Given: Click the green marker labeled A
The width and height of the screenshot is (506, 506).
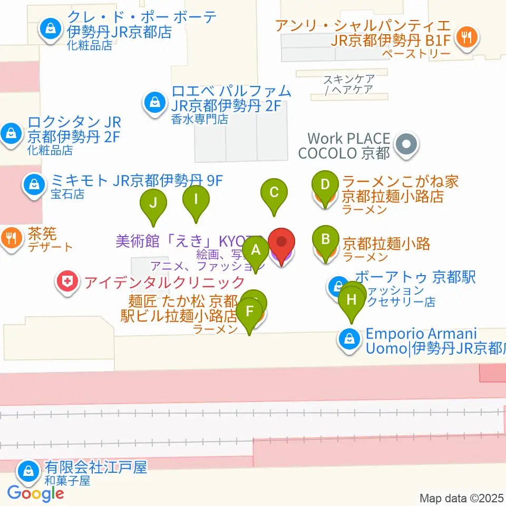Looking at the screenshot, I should [x=256, y=250].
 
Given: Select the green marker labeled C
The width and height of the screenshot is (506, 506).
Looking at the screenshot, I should [x=274, y=192].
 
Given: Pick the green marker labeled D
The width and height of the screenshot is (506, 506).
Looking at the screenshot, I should [x=325, y=185].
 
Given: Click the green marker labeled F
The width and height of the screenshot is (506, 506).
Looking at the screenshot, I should [x=250, y=310].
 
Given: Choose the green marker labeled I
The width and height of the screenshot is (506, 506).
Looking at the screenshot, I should [x=196, y=199].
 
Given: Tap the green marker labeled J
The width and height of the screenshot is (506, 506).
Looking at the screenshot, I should [x=153, y=203].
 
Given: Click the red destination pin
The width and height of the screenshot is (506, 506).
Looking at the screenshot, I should [x=282, y=243].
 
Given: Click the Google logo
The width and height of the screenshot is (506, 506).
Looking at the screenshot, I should [x=36, y=494].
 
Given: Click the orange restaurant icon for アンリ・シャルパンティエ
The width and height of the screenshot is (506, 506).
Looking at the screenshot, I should [x=466, y=37].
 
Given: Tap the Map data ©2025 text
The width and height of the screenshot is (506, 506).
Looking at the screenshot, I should [x=461, y=498].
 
